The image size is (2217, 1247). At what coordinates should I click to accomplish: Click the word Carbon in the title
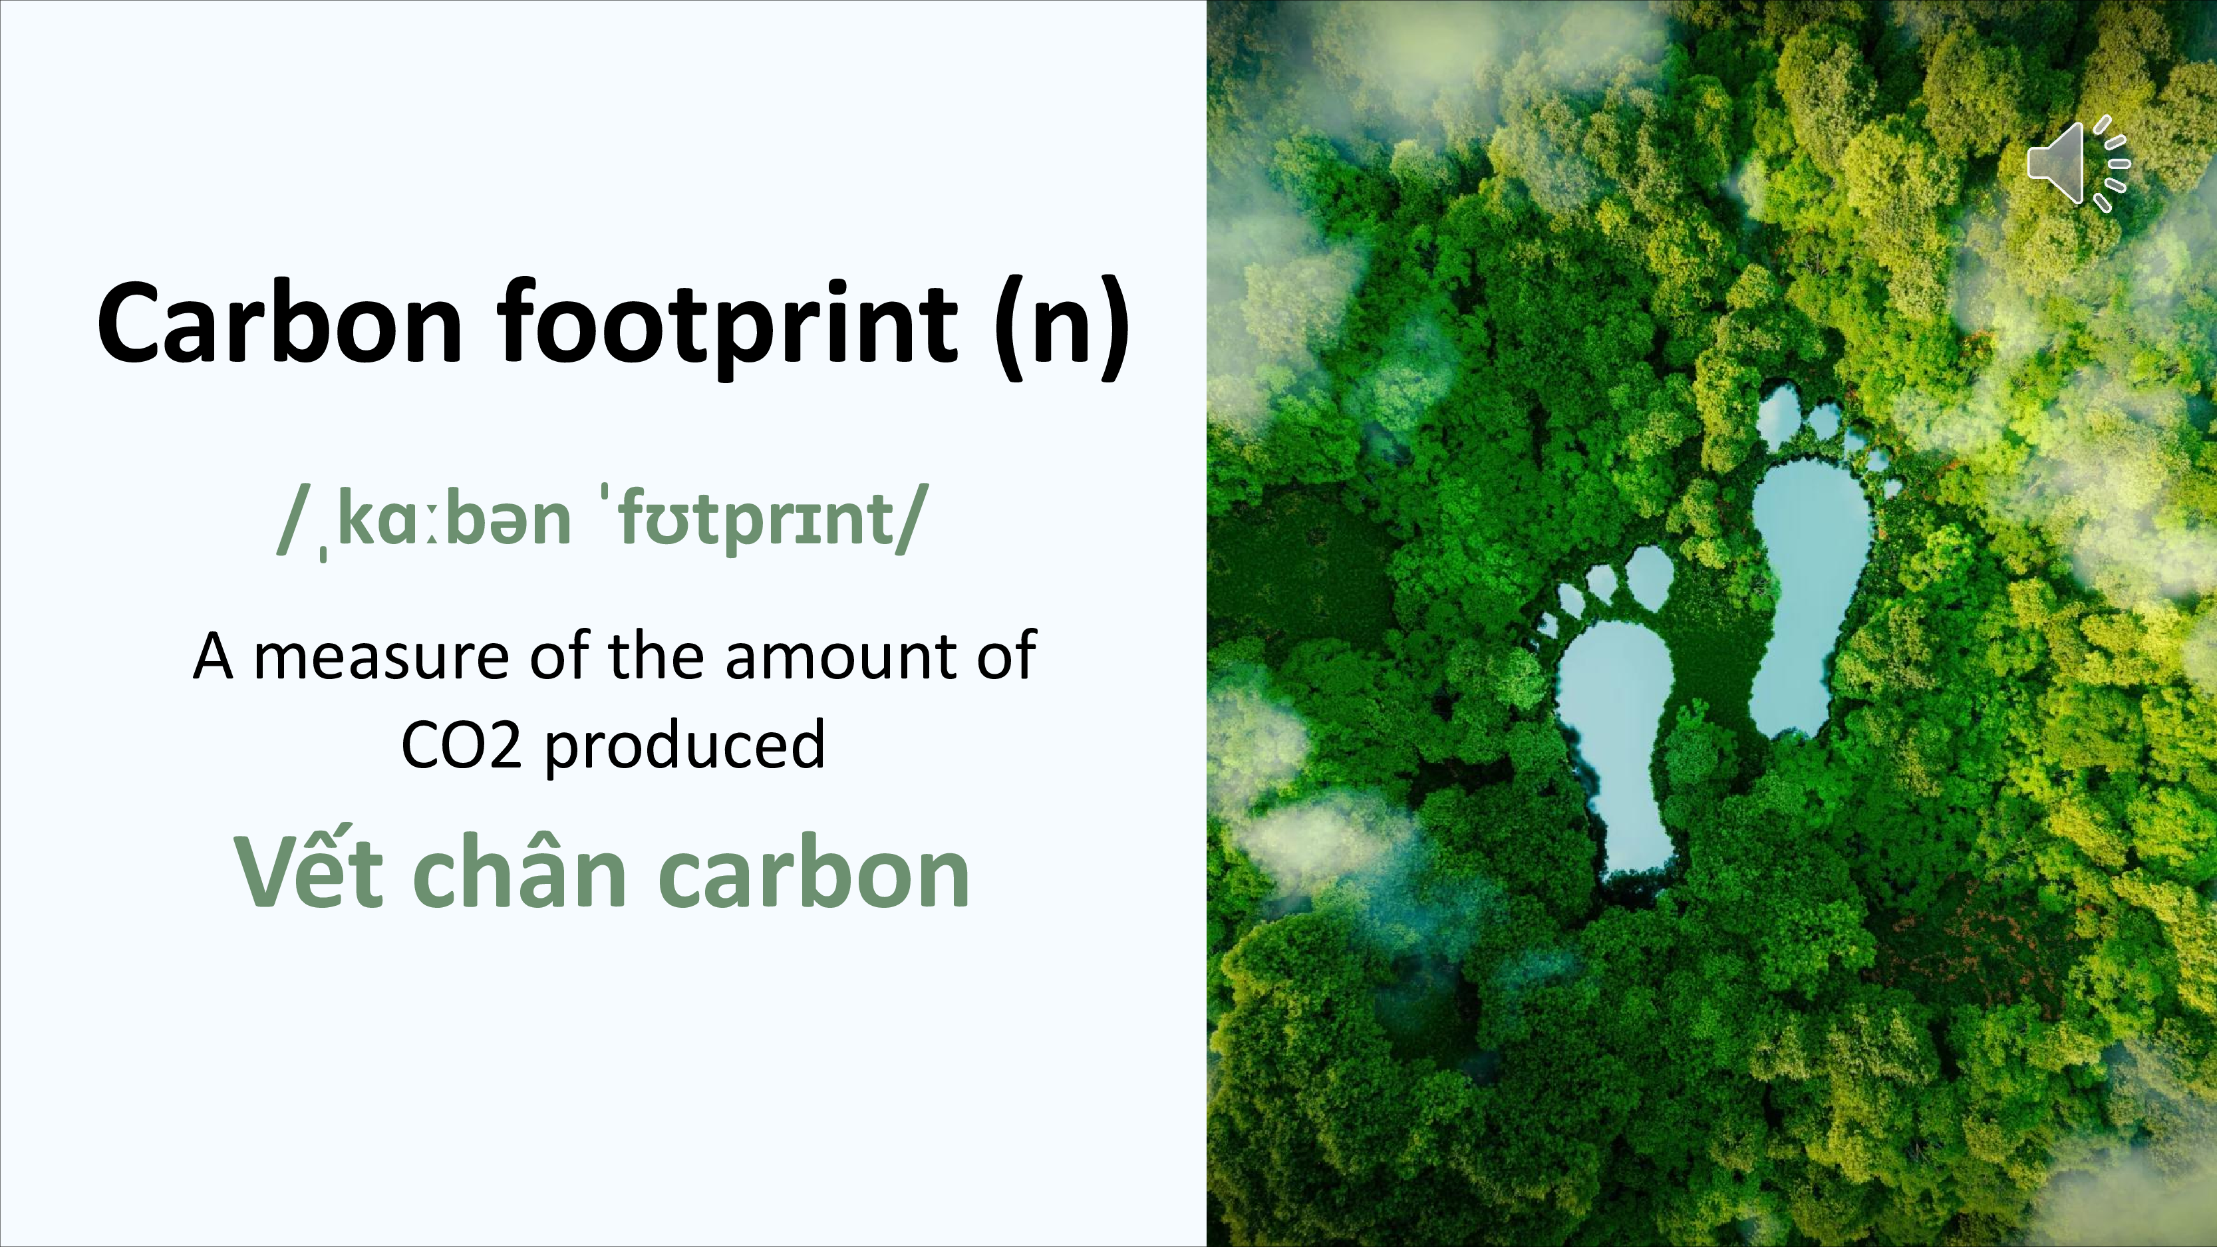click(281, 322)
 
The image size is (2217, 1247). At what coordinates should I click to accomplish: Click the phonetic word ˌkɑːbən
click(445, 521)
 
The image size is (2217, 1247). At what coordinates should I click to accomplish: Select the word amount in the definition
click(841, 656)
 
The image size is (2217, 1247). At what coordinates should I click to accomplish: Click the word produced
click(685, 746)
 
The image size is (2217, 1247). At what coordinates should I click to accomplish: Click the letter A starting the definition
click(214, 656)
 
